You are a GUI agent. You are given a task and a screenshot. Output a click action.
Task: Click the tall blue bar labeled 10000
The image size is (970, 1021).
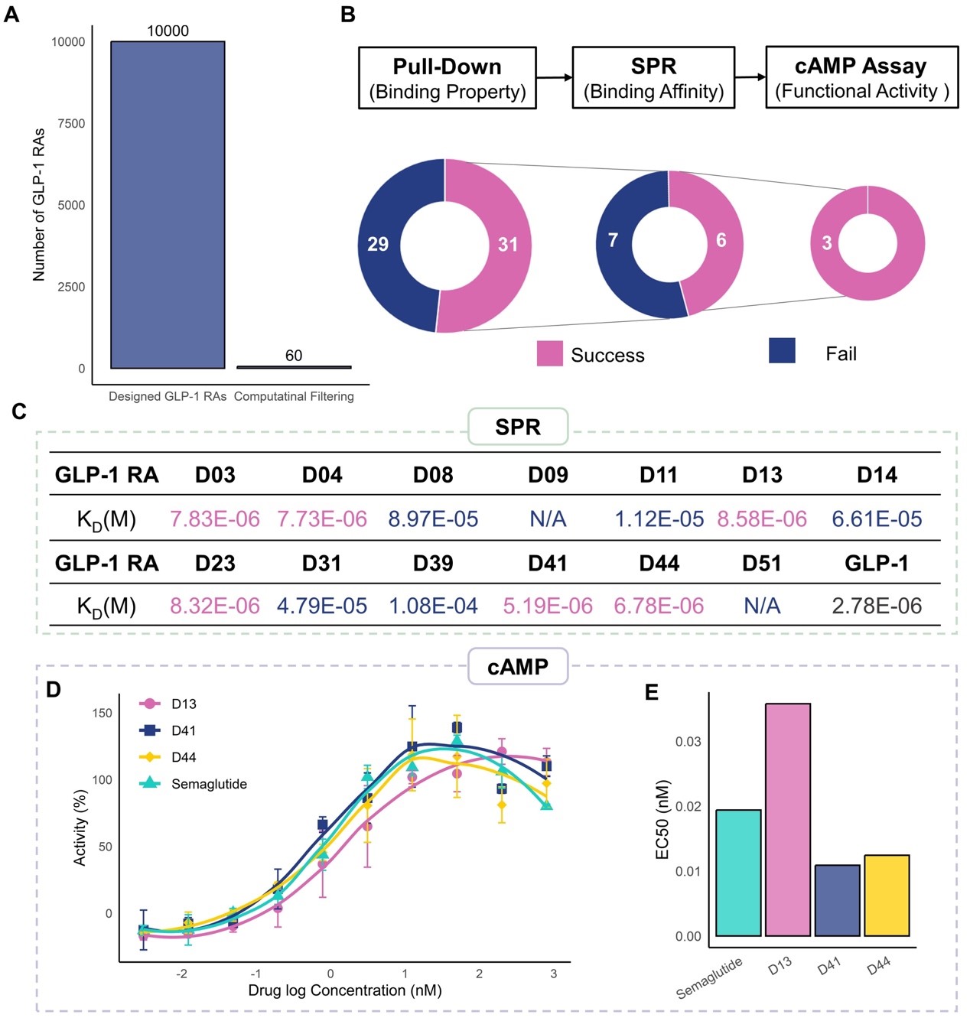coord(168,204)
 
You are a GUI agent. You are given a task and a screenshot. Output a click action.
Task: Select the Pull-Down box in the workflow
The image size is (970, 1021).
coord(447,78)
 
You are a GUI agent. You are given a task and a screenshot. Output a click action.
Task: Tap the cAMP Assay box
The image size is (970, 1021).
coord(861,77)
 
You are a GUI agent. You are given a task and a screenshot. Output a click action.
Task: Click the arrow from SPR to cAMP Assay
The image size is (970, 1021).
coord(750,76)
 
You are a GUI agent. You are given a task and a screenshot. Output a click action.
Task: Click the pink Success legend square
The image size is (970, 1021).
coord(549,353)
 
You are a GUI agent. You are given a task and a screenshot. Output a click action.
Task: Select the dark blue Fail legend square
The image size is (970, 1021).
coord(782,350)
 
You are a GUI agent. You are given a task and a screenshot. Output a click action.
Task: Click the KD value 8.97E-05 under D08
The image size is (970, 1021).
coord(433,519)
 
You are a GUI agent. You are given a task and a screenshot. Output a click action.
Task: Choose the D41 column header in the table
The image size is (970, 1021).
coord(548,564)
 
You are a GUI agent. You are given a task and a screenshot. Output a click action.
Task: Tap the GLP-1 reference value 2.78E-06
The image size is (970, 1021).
coord(877,606)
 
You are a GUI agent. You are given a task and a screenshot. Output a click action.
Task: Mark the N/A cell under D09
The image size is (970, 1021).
coord(548,519)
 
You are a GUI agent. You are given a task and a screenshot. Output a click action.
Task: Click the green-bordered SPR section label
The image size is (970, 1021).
coord(518,427)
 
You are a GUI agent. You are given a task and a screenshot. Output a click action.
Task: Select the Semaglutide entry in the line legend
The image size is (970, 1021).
coord(208,784)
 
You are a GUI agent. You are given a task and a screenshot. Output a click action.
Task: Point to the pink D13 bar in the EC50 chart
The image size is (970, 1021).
coord(788,819)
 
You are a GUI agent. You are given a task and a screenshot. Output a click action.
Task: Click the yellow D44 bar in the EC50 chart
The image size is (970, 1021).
coord(887,896)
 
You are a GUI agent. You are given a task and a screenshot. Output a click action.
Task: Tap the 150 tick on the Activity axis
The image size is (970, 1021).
coord(102,713)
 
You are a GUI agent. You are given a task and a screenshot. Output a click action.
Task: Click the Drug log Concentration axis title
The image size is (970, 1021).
coord(345,990)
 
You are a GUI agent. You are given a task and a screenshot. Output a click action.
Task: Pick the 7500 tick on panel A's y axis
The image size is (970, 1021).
coord(71,124)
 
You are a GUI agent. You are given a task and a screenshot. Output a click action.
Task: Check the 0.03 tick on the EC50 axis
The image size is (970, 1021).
coord(688,742)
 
